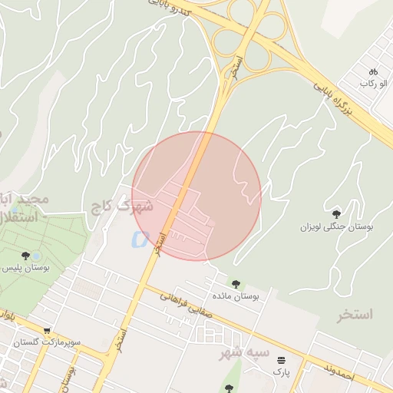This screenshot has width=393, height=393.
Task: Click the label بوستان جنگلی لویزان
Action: (336, 227)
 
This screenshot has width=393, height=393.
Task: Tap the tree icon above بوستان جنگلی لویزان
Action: (336, 214)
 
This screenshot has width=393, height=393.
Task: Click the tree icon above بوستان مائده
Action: (235, 284)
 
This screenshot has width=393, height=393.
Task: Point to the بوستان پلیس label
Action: (26, 268)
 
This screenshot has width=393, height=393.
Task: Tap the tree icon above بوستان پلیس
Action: (26, 256)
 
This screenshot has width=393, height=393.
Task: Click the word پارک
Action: (282, 372)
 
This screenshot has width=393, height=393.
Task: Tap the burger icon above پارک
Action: (282, 359)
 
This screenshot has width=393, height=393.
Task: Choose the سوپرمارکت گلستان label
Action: (72, 340)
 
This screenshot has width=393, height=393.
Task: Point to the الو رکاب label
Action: (372, 83)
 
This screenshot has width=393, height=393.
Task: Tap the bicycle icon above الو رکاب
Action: (373, 71)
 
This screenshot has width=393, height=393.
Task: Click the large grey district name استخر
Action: (354, 315)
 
